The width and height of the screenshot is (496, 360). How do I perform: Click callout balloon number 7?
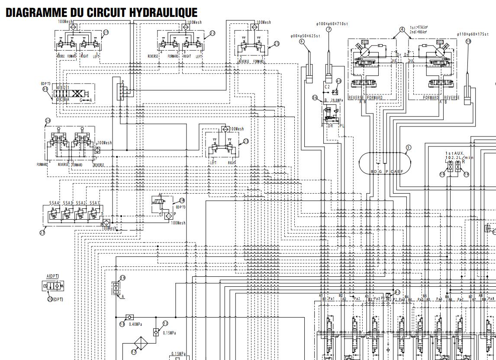click(329, 29)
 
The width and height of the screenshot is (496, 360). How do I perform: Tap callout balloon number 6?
click(302, 42)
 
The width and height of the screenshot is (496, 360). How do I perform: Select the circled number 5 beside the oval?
click(408, 147)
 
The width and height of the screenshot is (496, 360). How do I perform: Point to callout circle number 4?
click(402, 30)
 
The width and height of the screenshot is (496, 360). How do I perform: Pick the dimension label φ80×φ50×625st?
click(305, 36)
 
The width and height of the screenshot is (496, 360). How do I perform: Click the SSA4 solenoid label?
click(54, 203)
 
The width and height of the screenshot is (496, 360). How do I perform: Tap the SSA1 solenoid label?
click(94, 203)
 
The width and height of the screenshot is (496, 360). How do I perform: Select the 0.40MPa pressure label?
click(136, 324)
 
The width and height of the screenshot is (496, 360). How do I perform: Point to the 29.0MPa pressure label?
click(336, 100)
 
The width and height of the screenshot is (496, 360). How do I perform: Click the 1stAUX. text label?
click(454, 153)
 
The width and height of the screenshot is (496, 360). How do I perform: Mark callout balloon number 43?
click(338, 81)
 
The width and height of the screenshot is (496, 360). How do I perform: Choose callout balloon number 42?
click(397, 292)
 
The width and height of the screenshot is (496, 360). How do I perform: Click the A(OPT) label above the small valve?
click(53, 276)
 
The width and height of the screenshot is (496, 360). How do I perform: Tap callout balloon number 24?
click(48, 120)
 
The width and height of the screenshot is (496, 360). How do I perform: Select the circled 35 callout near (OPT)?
click(45, 89)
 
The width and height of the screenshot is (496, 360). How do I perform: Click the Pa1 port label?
click(332, 298)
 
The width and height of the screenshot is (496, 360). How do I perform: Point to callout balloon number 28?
click(182, 200)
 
